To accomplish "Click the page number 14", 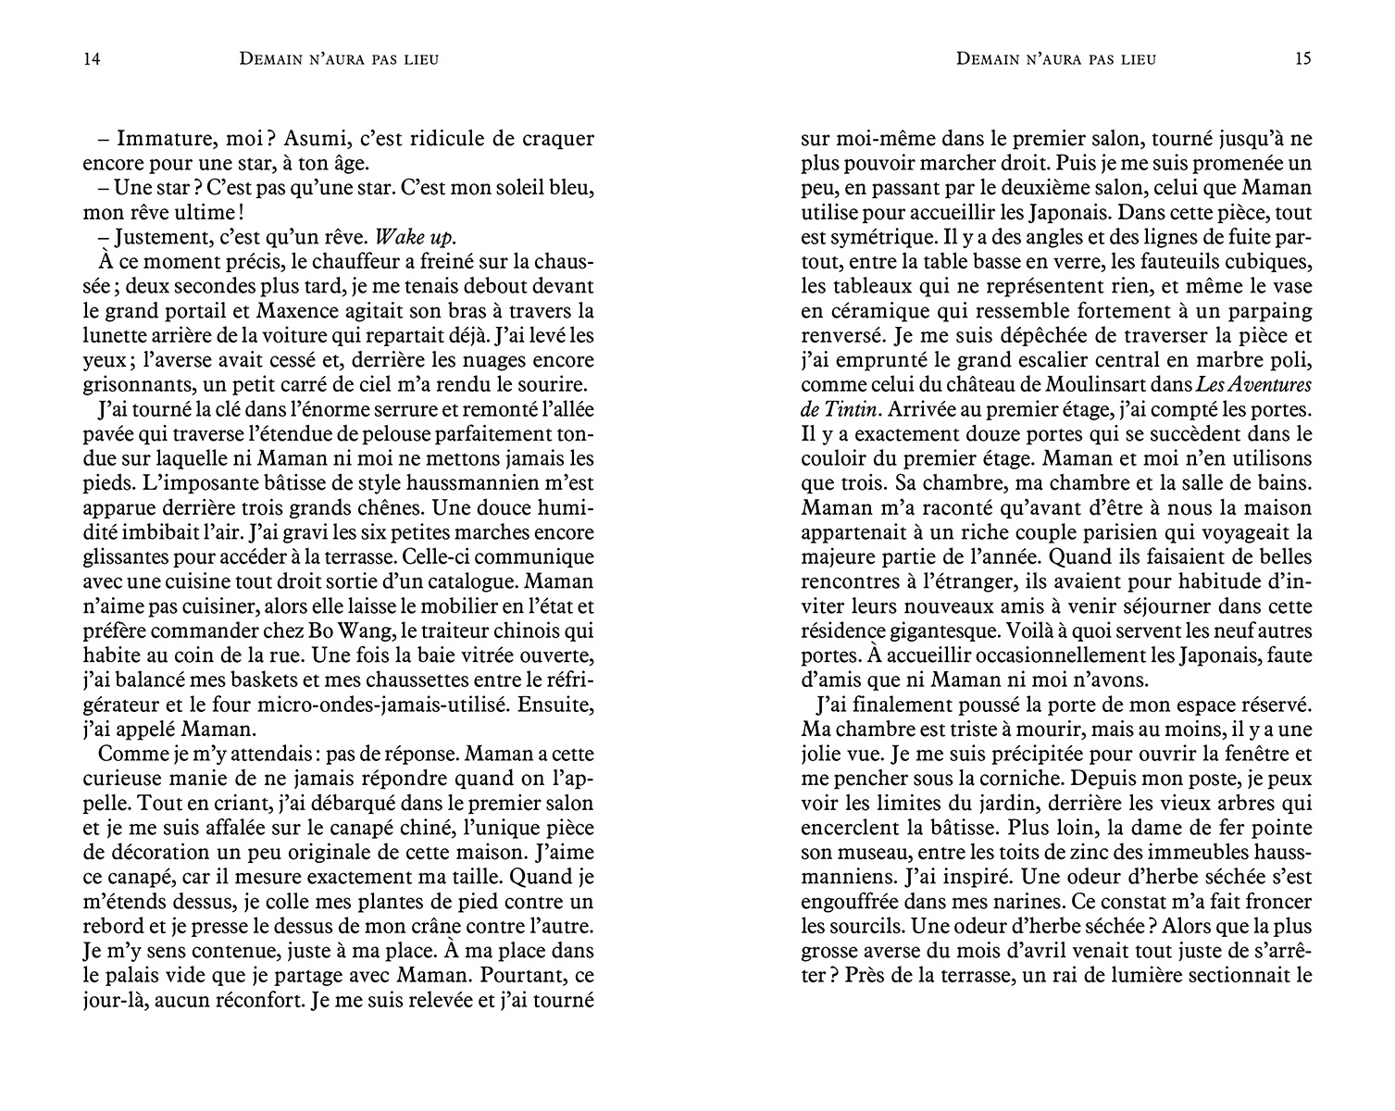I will pos(91,59).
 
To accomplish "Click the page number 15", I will pos(1303,59).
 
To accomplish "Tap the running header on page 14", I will pos(338,60).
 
